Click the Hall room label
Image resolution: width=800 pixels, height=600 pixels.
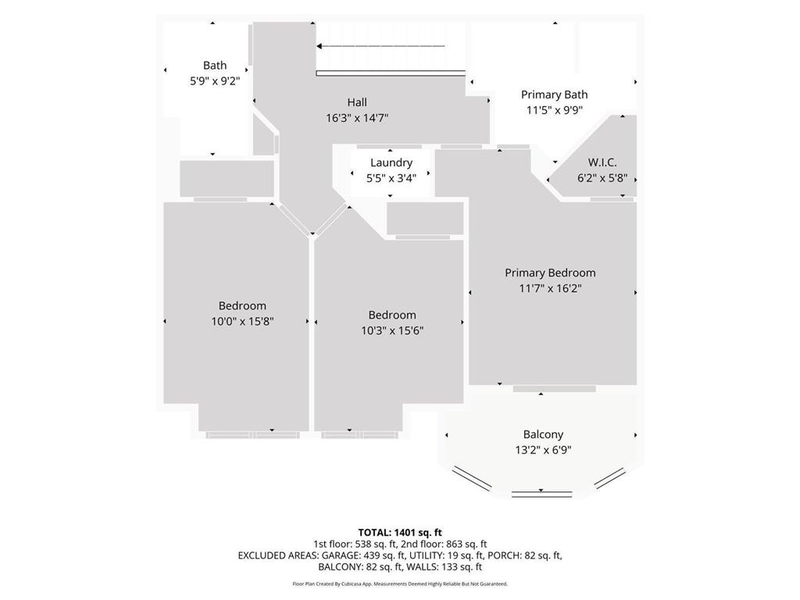point(357,102)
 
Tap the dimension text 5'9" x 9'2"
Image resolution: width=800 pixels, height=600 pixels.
point(215,80)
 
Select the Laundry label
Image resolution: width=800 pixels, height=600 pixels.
point(391,162)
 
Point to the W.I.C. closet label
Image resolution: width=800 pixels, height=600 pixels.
point(602,162)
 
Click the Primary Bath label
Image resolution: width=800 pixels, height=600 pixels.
point(554,95)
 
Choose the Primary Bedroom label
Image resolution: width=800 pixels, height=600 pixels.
point(550,273)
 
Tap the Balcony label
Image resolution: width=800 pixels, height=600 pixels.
point(543,434)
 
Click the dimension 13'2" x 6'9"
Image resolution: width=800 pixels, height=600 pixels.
point(543,449)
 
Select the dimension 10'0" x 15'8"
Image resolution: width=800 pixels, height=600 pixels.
point(242,320)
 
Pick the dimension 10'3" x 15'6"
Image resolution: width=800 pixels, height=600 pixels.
point(392,330)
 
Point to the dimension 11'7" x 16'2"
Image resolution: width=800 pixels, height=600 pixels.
point(550,287)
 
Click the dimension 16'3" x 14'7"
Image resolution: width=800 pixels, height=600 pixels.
point(357,117)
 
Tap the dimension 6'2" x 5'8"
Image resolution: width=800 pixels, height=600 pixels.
point(602,177)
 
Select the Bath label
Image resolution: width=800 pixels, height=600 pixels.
point(215,66)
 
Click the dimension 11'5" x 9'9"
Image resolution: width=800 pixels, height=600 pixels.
point(554,110)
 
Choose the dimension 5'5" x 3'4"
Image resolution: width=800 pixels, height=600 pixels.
point(391,177)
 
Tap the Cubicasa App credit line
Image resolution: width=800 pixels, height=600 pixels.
point(400,584)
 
